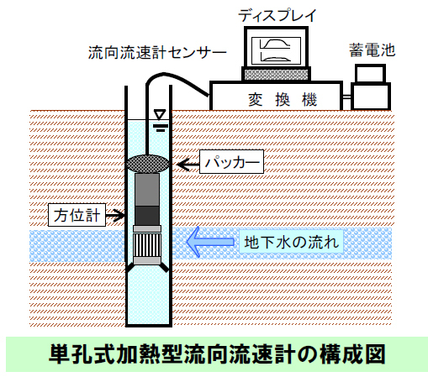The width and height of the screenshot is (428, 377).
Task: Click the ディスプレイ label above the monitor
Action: click(277, 15)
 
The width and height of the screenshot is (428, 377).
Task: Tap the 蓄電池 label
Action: click(372, 50)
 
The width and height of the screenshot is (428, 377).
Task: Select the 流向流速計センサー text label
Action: click(157, 53)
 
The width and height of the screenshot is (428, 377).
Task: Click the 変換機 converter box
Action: click(276, 96)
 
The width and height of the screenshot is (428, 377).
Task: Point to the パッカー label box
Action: click(231, 162)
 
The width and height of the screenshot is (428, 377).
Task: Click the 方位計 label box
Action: click(77, 215)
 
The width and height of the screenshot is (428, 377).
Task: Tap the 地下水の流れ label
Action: click(292, 242)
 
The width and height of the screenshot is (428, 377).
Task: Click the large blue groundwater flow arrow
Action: click(210, 242)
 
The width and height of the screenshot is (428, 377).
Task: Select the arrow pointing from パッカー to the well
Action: click(188, 164)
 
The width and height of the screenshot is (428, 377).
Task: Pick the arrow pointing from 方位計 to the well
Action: click(115, 215)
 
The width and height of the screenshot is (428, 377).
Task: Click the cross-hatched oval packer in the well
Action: click(147, 164)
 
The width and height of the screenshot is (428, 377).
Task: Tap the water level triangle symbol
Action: click(160, 115)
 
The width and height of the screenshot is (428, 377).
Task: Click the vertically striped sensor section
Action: click(147, 244)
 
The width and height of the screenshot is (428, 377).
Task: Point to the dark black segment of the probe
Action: click(147, 216)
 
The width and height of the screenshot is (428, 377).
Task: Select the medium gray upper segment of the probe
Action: click(147, 190)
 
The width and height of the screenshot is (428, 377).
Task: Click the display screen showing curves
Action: click(276, 51)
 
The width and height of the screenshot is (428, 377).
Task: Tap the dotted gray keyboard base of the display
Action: click(276, 75)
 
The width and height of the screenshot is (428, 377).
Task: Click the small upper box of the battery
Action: click(370, 74)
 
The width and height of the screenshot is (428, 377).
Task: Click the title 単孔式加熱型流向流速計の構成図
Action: click(217, 354)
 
